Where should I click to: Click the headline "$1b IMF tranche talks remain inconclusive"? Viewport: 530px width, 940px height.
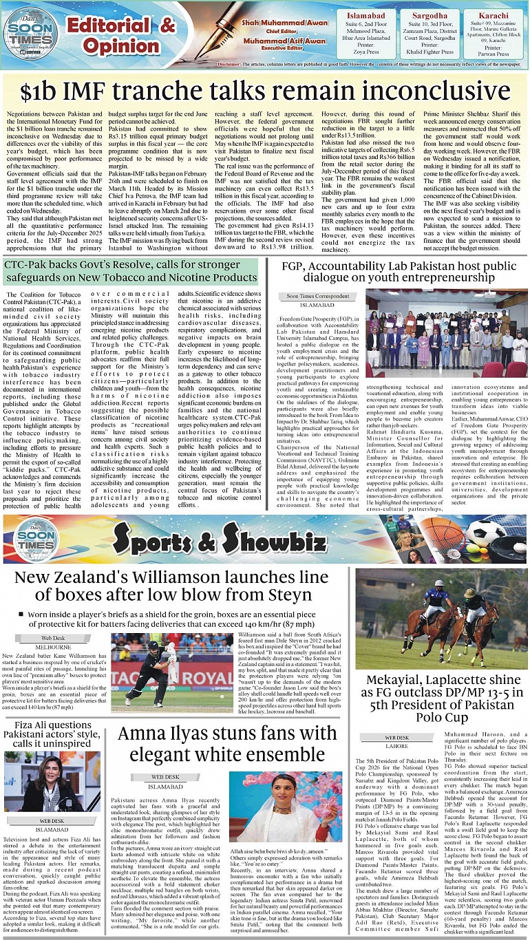tap(264, 91)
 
